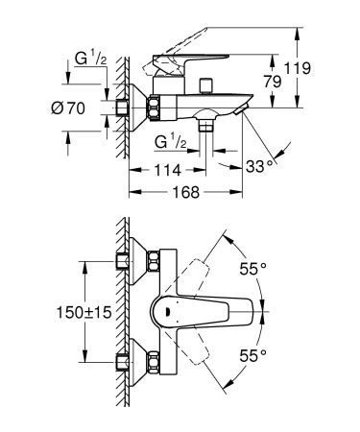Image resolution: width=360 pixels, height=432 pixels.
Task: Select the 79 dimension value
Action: [274, 84]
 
